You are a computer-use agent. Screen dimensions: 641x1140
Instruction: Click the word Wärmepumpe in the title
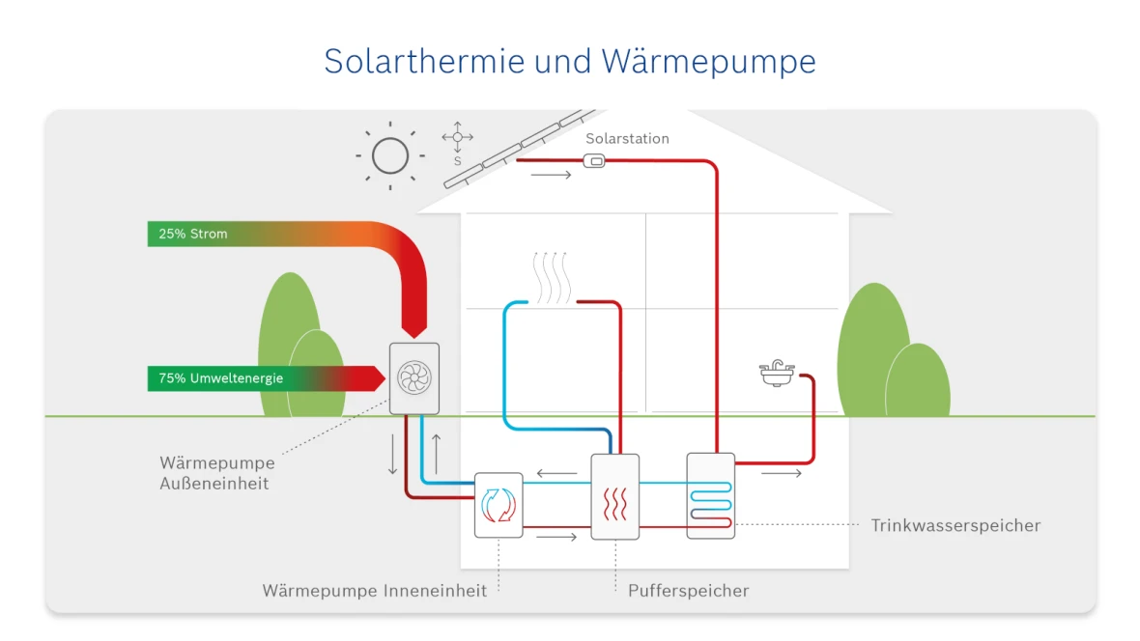pyautogui.click(x=708, y=61)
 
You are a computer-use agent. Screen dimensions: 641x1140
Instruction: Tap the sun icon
pyautogui.click(x=390, y=154)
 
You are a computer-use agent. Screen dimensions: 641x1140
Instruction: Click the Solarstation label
pyautogui.click(x=627, y=139)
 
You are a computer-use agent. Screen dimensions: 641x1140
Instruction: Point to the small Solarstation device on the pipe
pyautogui.click(x=596, y=161)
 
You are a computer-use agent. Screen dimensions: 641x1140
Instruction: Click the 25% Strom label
pyautogui.click(x=193, y=234)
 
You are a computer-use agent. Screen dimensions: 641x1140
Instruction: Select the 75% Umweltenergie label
pyautogui.click(x=220, y=378)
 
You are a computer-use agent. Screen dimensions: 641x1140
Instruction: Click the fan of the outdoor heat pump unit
pyautogui.click(x=413, y=378)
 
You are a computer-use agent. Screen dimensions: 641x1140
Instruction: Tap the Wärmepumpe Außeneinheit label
pyautogui.click(x=216, y=473)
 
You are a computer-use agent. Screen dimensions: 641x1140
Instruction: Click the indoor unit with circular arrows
pyautogui.click(x=499, y=504)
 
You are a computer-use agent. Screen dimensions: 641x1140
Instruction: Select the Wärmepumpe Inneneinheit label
pyautogui.click(x=374, y=590)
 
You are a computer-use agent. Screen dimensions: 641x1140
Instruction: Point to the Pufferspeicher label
pyautogui.click(x=688, y=590)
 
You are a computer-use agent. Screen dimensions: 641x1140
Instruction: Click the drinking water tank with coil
pyautogui.click(x=710, y=495)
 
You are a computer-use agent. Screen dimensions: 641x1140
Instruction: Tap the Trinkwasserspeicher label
pyautogui.click(x=955, y=526)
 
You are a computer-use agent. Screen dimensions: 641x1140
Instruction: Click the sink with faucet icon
pyautogui.click(x=777, y=374)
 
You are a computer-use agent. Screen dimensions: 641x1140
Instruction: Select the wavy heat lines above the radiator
pyautogui.click(x=553, y=277)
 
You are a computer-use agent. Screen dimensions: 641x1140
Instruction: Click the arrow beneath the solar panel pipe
pyautogui.click(x=551, y=176)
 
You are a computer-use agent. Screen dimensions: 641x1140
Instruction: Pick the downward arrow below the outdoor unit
pyautogui.click(x=392, y=454)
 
